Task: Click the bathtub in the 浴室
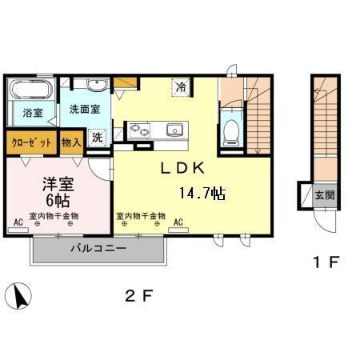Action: [30, 89]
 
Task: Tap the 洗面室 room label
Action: [85, 110]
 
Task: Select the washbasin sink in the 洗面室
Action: [97, 85]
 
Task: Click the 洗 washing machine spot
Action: [98, 138]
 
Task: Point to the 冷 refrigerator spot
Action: [182, 87]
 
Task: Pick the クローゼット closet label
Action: [31, 143]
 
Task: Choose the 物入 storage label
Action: [71, 142]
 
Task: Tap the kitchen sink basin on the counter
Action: [174, 130]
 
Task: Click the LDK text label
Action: [182, 168]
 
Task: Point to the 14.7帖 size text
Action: [202, 193]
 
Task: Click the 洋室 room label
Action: [58, 184]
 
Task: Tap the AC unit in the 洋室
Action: [18, 230]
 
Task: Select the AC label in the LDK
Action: [178, 222]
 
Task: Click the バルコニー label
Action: [98, 249]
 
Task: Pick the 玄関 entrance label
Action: [325, 195]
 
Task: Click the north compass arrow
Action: [19, 296]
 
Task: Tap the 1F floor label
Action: [326, 262]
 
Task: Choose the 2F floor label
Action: [139, 295]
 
